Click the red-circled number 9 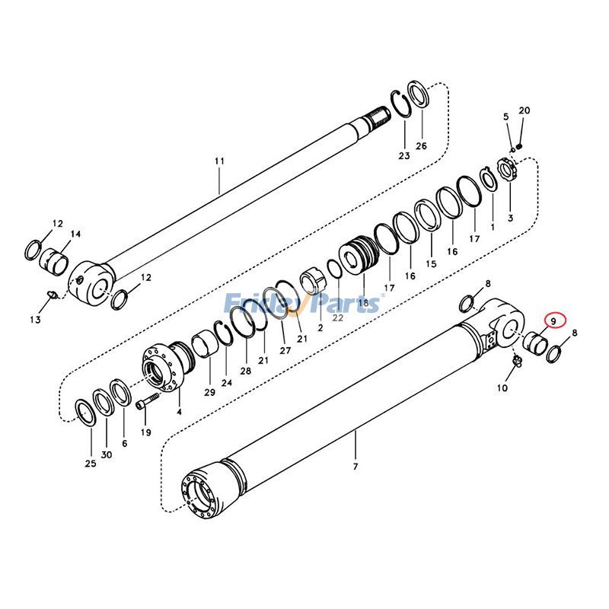555,322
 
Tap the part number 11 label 220,161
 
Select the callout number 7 356,465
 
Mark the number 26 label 421,146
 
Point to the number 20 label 524,111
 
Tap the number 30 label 107,454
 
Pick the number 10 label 502,387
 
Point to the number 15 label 432,263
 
